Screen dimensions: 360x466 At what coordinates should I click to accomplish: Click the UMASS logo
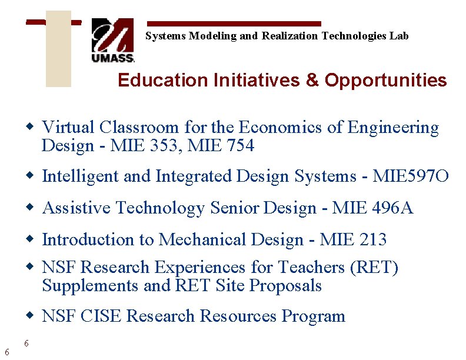tap(113, 40)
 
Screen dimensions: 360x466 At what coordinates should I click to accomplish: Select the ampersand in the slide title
tap(312, 80)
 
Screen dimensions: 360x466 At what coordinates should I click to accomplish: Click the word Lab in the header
tap(399, 36)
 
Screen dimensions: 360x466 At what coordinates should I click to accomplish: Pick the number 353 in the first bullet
tap(164, 145)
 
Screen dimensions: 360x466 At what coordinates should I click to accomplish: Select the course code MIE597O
tap(411, 176)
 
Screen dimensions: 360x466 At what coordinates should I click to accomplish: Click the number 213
tap(371, 239)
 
